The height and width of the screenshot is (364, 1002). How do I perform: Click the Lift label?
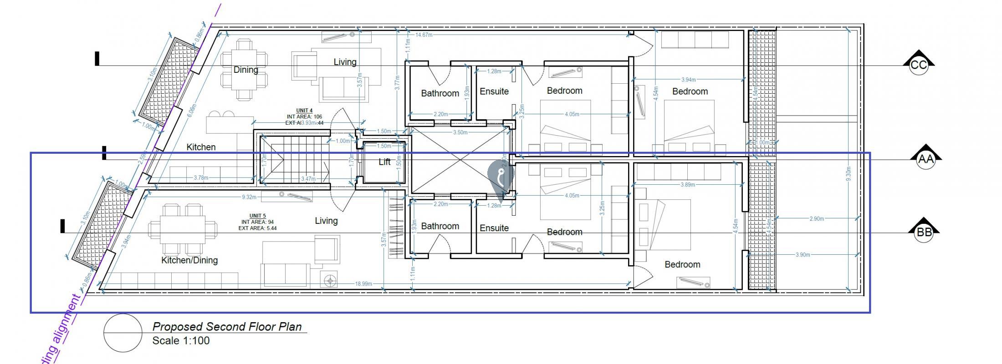(384, 162)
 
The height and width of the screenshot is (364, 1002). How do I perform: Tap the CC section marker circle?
(918, 65)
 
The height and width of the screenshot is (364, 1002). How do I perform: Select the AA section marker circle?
(925, 159)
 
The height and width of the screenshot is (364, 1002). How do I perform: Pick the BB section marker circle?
(924, 233)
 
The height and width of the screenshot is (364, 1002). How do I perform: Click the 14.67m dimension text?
(424, 35)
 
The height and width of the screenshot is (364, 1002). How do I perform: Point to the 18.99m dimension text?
(363, 284)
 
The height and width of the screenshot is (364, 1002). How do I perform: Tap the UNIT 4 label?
(304, 111)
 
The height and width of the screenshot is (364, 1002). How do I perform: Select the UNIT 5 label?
(257, 216)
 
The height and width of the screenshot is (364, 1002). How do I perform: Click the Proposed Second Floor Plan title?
(227, 327)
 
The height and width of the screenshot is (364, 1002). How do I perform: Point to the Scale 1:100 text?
(181, 341)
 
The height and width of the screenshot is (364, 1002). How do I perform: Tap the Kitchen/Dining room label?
(189, 260)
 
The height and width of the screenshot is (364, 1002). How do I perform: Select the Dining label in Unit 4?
(246, 70)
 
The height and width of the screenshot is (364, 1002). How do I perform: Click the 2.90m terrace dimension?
(817, 219)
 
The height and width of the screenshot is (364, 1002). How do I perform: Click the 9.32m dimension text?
(249, 197)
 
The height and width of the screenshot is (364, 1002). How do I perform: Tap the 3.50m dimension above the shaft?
(460, 132)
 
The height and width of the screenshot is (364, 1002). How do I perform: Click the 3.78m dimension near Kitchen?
(201, 177)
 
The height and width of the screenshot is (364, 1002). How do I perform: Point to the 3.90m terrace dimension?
(803, 255)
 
